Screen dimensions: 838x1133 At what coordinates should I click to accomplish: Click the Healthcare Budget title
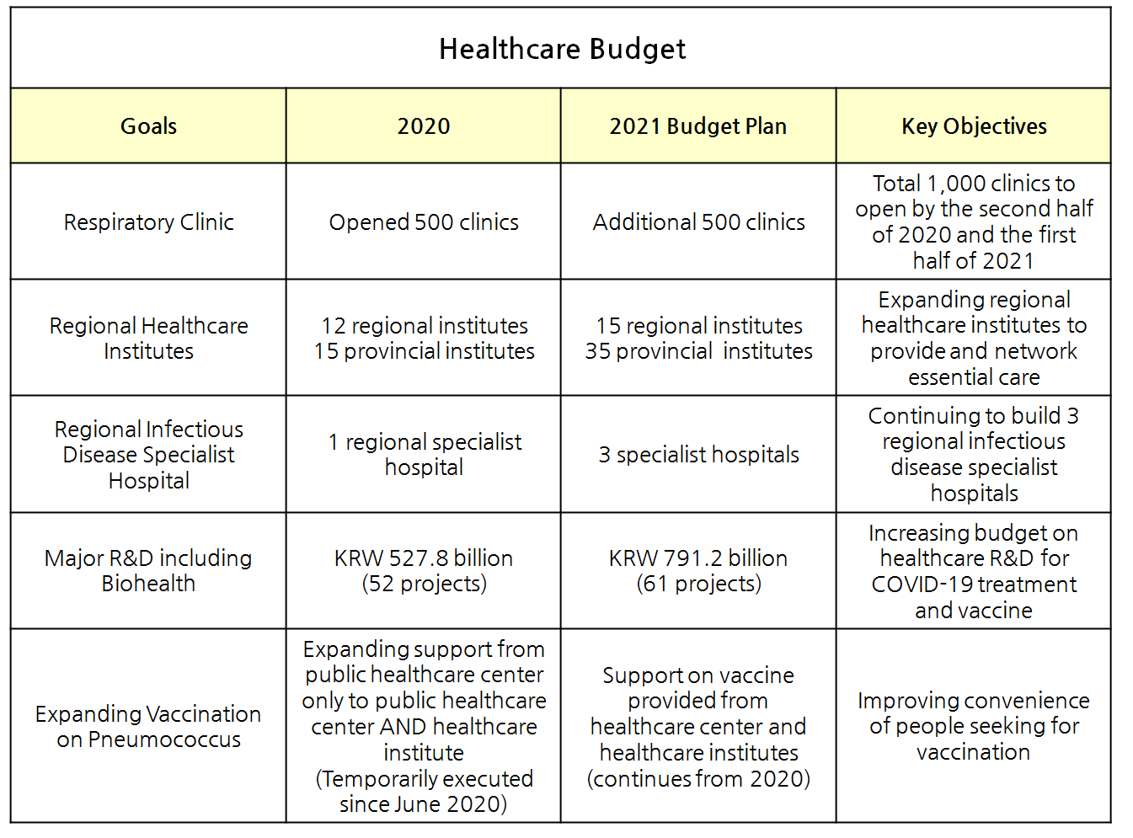[x=562, y=49]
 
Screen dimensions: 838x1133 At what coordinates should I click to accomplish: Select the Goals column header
[x=148, y=126]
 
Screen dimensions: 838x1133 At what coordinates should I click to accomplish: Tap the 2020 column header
[x=424, y=126]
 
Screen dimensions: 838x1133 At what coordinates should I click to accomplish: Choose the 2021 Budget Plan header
[x=698, y=126]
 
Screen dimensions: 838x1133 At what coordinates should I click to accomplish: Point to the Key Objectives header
[x=974, y=126]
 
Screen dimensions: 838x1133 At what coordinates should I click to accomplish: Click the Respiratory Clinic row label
[x=148, y=222]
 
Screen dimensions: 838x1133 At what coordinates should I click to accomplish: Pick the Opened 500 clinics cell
[x=424, y=222]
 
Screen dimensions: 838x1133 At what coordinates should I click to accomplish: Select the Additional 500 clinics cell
[x=698, y=222]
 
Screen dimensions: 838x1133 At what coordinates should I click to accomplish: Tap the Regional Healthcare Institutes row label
[x=148, y=338]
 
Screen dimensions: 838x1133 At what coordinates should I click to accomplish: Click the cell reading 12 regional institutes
[x=425, y=326]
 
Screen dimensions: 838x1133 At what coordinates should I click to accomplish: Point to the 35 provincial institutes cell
[x=698, y=351]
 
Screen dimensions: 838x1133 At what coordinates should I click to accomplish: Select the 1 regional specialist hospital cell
[x=425, y=454]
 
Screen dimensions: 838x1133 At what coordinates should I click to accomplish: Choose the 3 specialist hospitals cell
[x=698, y=455]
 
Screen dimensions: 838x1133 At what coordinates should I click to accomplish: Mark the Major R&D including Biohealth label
[x=148, y=570]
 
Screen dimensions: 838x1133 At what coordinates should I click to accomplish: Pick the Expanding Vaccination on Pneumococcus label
[x=148, y=726]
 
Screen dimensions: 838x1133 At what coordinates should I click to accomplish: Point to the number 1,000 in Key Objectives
[x=959, y=184]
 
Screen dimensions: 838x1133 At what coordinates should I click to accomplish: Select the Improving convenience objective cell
[x=974, y=726]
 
